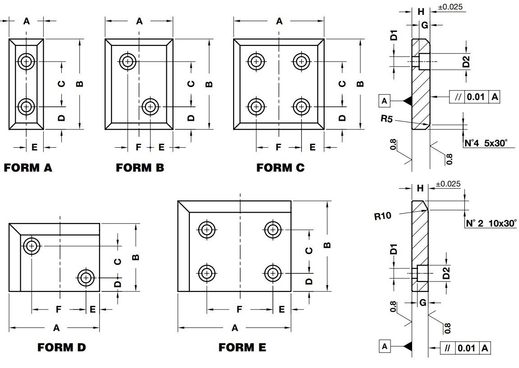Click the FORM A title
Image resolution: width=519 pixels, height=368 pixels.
(28, 168)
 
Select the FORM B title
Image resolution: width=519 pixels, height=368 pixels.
(140, 168)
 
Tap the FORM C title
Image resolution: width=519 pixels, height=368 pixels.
(280, 168)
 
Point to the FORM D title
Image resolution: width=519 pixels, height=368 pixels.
(61, 347)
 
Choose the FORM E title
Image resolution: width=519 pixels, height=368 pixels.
(242, 347)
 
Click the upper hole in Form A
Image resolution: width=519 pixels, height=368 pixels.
(27, 61)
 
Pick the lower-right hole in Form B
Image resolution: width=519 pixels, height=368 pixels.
(150, 107)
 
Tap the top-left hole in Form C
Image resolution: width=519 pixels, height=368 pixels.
(256, 61)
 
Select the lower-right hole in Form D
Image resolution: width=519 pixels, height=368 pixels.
(86, 278)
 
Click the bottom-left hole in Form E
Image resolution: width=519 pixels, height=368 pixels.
(207, 273)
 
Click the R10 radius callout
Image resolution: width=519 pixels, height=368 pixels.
(382, 216)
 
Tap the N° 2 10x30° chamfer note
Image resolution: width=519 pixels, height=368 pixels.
(491, 223)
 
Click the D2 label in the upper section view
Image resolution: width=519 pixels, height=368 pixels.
(467, 62)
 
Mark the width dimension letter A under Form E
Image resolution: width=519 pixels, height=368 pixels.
(234, 328)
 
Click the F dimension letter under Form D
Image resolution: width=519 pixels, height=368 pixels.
(58, 309)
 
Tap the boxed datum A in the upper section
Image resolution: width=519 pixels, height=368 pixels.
(384, 101)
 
